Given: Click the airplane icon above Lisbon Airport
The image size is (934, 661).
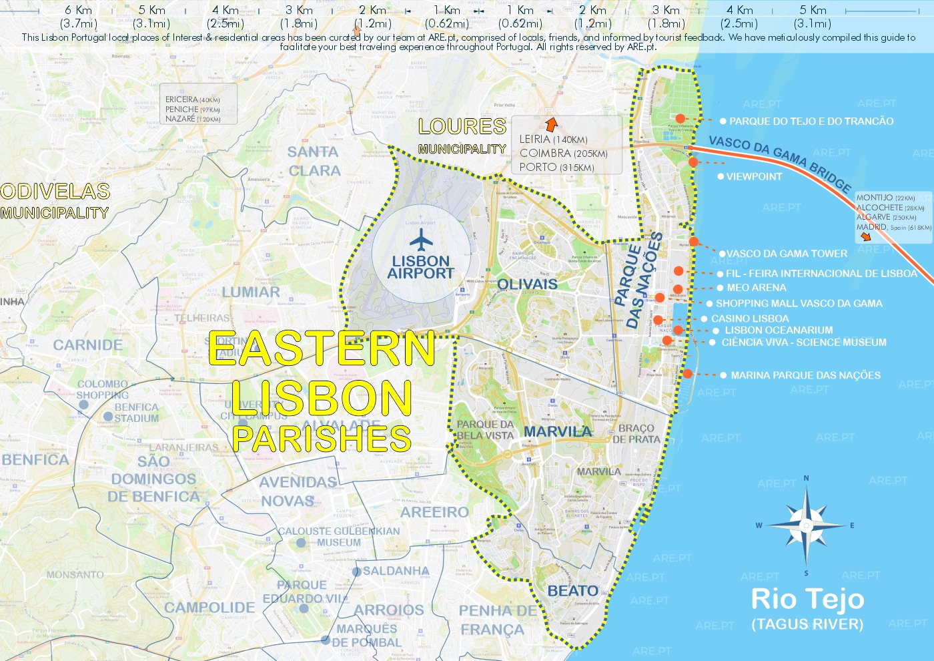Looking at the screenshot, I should (x=421, y=240).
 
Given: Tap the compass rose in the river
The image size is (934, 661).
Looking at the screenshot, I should (x=806, y=525).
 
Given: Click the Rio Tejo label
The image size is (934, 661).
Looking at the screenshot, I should (x=807, y=599).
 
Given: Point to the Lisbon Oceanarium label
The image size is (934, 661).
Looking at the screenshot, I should (x=779, y=330).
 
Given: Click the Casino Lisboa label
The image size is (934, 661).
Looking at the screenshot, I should (x=749, y=319).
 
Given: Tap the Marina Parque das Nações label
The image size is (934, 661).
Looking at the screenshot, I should (x=805, y=375).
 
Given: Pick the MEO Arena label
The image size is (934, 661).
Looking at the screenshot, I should (x=756, y=288).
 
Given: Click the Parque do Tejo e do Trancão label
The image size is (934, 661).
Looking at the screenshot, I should (x=811, y=122).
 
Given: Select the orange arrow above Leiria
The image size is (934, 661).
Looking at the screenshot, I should (x=551, y=124).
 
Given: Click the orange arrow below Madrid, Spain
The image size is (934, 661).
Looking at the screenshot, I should (x=865, y=236).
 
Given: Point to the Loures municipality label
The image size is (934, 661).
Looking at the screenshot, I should (x=462, y=136).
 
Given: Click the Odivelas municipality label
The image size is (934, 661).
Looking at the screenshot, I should (x=55, y=201).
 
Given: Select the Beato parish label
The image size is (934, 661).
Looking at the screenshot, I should (x=572, y=591).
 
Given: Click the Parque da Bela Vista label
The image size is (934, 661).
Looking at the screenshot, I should (x=485, y=430).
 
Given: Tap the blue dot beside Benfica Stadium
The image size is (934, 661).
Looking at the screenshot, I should (x=108, y=416).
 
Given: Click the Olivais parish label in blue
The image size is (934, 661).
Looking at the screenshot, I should (x=527, y=284).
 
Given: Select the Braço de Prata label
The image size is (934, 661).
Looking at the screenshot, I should (x=636, y=434).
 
